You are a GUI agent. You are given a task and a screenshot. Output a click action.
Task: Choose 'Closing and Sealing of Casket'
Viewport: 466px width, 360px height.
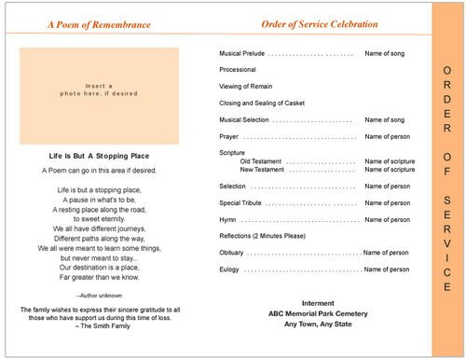tap(264, 103)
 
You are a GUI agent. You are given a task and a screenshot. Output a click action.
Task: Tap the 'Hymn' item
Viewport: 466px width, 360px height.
tap(228, 219)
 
